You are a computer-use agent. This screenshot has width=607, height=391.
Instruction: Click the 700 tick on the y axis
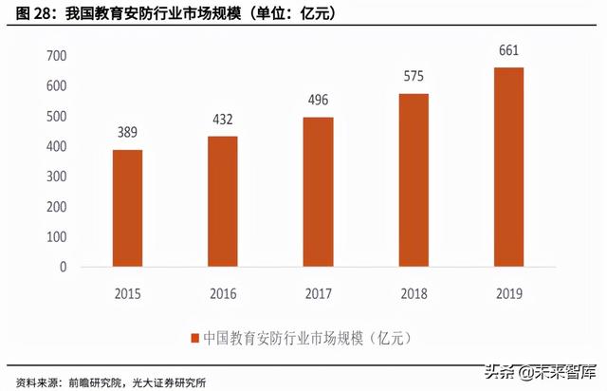click(x=56, y=56)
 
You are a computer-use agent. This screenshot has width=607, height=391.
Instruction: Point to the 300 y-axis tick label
click(x=56, y=177)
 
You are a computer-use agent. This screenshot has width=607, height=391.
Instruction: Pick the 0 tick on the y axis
click(x=63, y=267)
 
